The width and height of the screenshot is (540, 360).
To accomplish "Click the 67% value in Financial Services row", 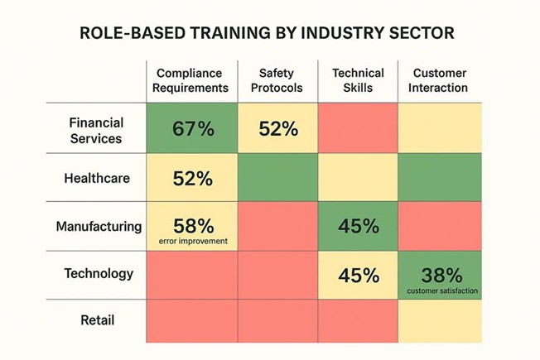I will point(192,128).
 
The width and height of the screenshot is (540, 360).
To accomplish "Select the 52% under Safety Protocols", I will point(277,128).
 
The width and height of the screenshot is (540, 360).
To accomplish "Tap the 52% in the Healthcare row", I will point(192,178).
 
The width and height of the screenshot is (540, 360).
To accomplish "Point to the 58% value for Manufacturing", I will point(192,224).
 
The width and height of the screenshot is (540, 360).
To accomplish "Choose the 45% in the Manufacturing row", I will point(358,226).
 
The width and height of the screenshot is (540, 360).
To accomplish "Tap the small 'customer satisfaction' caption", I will point(439,290).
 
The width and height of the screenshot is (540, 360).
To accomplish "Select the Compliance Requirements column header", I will point(192,80).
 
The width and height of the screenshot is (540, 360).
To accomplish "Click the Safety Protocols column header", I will point(277,80).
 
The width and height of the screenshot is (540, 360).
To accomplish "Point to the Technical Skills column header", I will point(358,80).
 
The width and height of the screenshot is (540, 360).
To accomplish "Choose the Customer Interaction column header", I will point(439,80).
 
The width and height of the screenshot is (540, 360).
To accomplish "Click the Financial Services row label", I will point(96,128).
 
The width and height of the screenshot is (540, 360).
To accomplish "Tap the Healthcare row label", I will point(96,177).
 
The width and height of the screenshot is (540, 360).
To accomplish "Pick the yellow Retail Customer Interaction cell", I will point(439,322).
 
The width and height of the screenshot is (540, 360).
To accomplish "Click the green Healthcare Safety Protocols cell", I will point(277,178).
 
